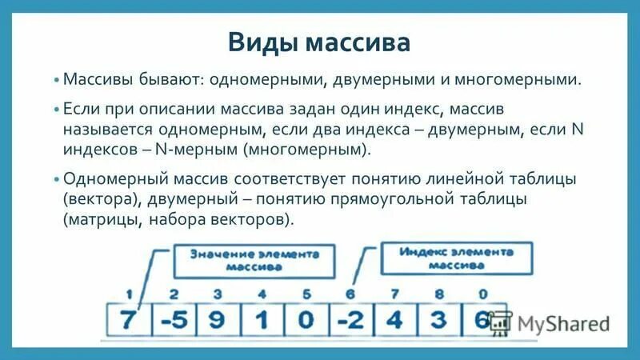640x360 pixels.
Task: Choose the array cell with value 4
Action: tap(394, 319)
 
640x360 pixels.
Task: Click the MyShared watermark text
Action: tap(563, 324)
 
